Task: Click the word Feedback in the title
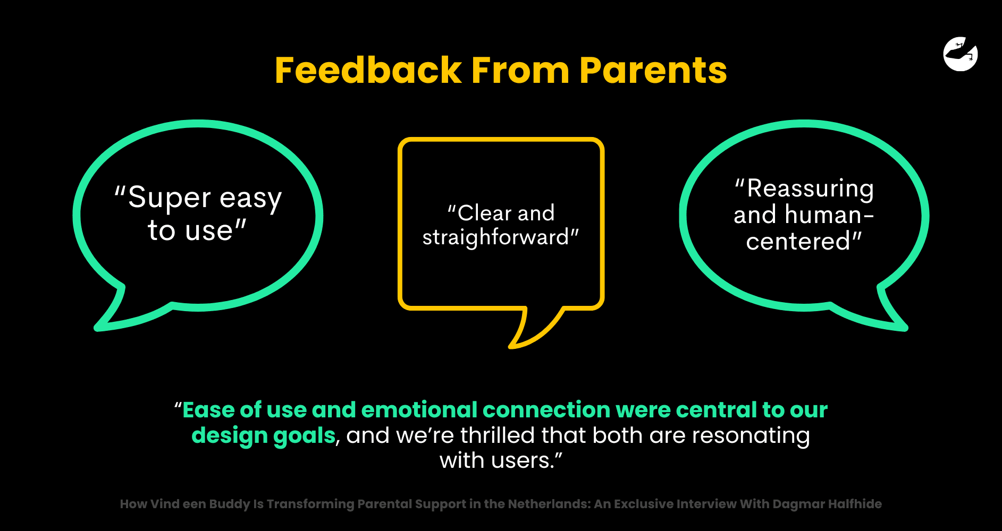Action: (368, 70)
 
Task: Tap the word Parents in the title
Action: (653, 70)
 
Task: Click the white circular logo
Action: (961, 54)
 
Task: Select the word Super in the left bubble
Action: (170, 198)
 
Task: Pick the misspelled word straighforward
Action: (495, 237)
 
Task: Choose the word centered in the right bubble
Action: (798, 242)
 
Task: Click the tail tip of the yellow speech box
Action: (510, 347)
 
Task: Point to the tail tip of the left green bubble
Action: (96, 329)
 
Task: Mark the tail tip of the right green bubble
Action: (906, 329)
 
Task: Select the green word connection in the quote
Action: (546, 410)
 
